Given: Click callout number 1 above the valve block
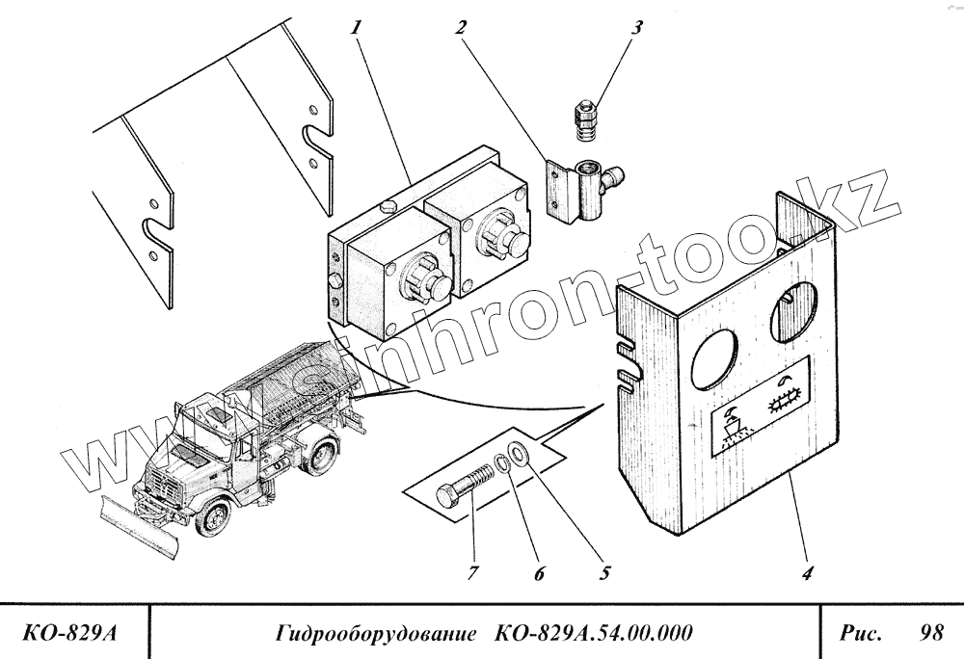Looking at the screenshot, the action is coord(358,26).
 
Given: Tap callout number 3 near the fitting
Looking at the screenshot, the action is coord(635,26).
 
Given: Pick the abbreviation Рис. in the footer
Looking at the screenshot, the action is coord(860,633).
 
